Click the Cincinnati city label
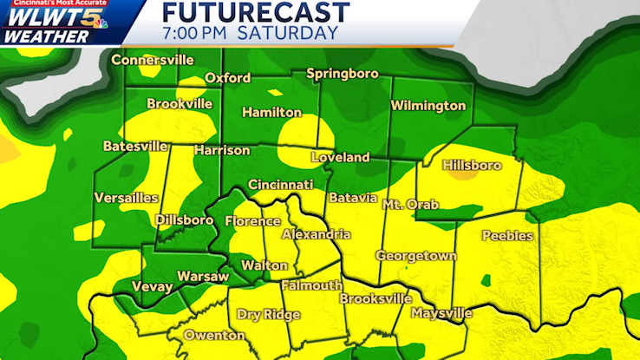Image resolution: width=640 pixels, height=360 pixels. point(280,185)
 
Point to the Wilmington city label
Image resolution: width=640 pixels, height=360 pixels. point(428,106)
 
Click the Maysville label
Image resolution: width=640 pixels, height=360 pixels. point(442,313)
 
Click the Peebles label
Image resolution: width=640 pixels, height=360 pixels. point(507,236)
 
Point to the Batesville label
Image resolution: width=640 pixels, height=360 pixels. point(135,147)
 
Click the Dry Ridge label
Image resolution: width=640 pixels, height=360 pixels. point(268,315)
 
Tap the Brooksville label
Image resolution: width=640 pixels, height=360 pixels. point(376,298)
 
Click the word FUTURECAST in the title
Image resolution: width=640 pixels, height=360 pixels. point(256,12)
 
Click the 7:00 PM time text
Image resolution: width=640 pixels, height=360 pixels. point(193,34)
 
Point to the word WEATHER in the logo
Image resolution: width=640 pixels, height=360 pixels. point(45,37)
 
